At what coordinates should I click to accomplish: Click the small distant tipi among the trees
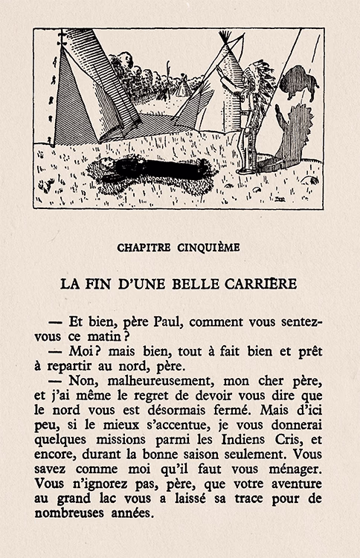point(181,86)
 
